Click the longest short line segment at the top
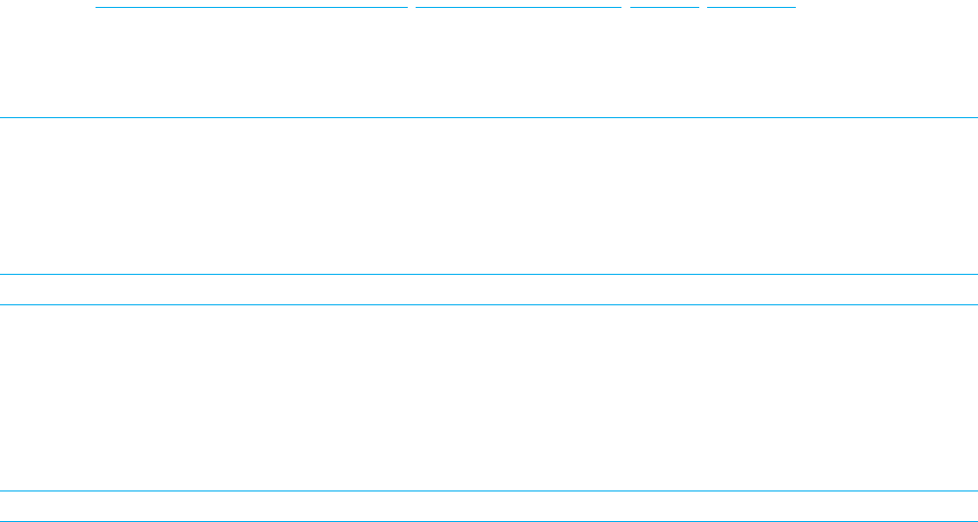[x=251, y=7]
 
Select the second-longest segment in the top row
[x=519, y=7]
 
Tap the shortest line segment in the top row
[x=665, y=7]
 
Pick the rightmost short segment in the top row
[x=751, y=7]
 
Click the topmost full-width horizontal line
[x=489, y=118]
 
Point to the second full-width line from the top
[x=489, y=274]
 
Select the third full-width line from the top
[x=489, y=304]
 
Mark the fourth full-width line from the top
[x=489, y=490]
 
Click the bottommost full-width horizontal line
[x=489, y=520]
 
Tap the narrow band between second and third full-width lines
[x=489, y=290]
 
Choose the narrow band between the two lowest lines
[x=489, y=505]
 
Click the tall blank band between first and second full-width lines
[x=489, y=196]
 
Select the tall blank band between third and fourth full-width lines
[x=489, y=397]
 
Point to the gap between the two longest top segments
[x=412, y=7]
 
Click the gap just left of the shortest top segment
[x=626, y=7]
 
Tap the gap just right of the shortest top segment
[x=703, y=7]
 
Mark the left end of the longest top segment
[x=97, y=7]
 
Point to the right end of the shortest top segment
[x=697, y=7]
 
